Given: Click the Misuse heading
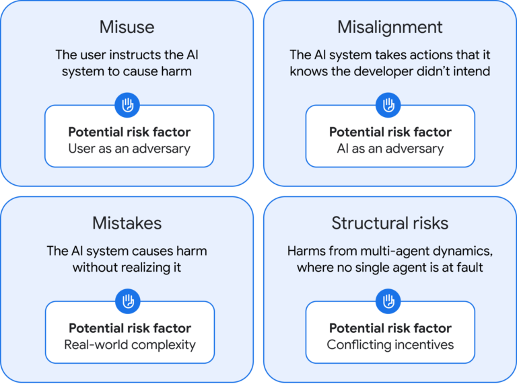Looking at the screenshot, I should tap(127, 27).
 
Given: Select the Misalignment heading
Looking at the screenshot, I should tap(390, 27).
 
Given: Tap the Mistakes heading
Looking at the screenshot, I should tap(127, 223).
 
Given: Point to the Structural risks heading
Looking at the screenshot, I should tap(390, 223).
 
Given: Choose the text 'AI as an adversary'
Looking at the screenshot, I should tap(390, 148).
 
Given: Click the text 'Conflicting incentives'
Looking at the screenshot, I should tap(390, 344).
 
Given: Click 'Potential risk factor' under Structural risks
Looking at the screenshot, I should tap(390, 328).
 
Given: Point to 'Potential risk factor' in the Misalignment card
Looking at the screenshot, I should tap(390, 132).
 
